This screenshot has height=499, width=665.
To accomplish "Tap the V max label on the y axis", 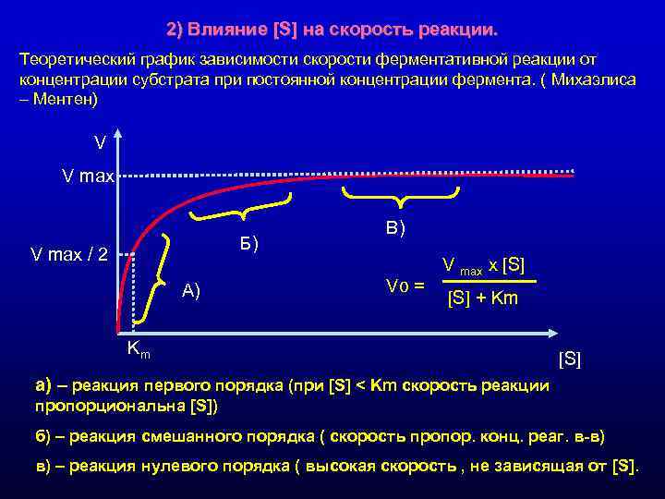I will point(87,176).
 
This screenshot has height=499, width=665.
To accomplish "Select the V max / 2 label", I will point(69,254).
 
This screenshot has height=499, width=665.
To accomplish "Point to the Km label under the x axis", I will point(139,348).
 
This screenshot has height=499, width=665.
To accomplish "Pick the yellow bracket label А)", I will point(191,292).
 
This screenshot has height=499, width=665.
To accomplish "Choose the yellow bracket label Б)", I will point(248,244).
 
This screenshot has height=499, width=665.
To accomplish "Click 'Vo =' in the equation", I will point(405,285).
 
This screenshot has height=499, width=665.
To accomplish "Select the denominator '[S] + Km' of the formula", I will point(482,298).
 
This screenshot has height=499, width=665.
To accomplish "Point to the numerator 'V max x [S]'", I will point(483,266).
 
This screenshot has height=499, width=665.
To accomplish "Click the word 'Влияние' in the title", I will point(228,30).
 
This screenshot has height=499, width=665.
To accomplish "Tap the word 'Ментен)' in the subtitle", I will point(66,98).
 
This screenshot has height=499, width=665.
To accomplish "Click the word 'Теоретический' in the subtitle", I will point(73,57).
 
